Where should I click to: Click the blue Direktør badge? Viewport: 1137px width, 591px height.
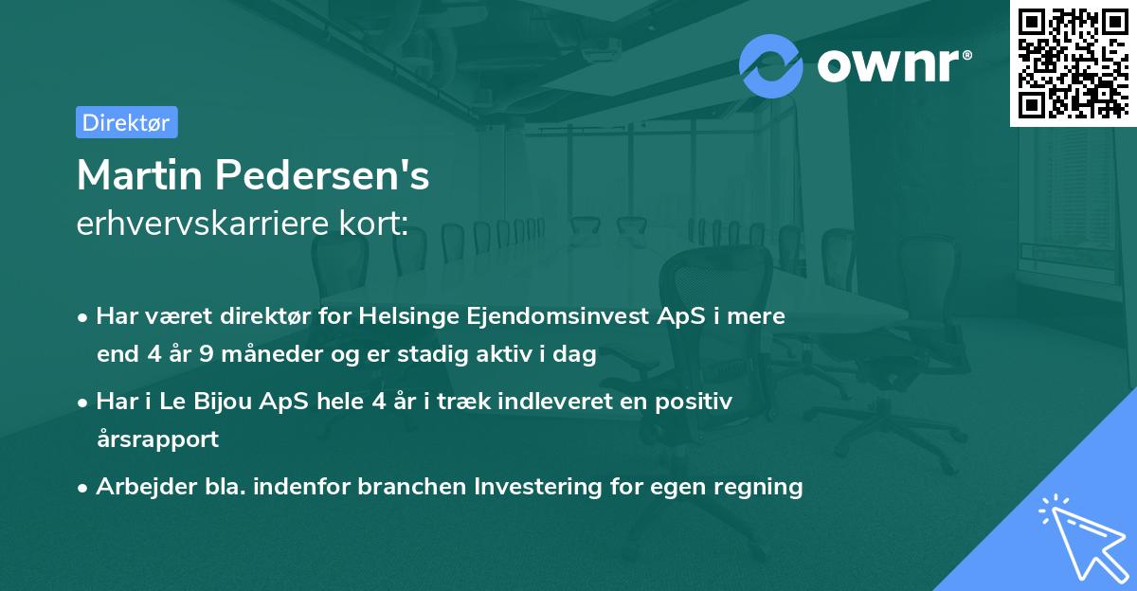(x=126, y=122)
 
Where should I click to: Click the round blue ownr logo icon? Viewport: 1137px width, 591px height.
(x=771, y=65)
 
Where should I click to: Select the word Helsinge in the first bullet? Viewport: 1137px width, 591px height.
(x=407, y=316)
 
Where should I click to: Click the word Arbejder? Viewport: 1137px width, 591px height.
(x=138, y=487)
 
